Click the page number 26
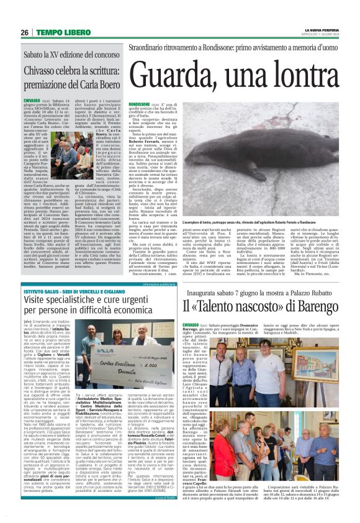pyautogui.click(x=25, y=32)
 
